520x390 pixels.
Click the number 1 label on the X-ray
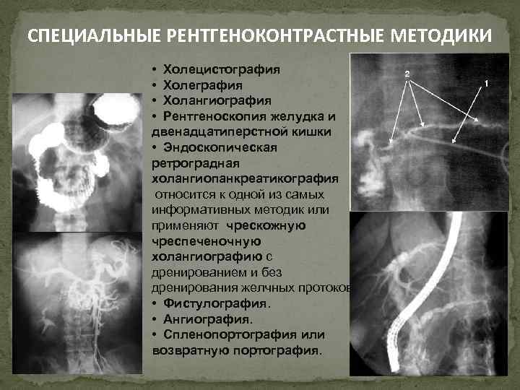coord(487,83)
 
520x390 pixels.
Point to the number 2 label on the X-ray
coord(407,74)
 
